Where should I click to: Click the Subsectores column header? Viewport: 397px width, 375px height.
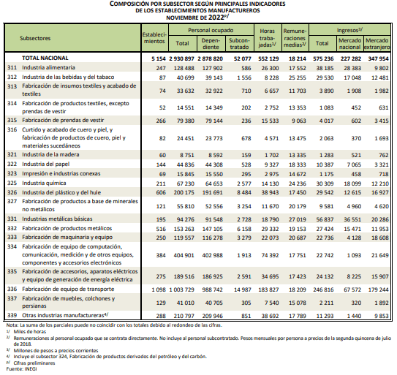(35, 38)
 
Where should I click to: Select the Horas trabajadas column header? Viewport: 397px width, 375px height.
(268, 37)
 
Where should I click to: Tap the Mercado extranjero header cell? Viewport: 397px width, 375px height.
(377, 44)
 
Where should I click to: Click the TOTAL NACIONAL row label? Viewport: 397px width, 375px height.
(45, 58)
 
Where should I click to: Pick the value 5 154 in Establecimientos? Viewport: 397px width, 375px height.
(159, 58)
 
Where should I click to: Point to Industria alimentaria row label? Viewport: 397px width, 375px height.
(48, 67)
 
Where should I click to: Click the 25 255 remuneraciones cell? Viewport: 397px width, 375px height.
(298, 77)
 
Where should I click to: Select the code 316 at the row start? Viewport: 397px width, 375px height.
(12, 129)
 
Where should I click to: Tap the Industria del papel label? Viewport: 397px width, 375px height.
(46, 164)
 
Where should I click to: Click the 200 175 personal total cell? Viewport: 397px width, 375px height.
(184, 193)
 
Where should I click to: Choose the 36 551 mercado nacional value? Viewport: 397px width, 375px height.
(352, 219)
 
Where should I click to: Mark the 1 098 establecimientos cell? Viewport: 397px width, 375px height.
(159, 289)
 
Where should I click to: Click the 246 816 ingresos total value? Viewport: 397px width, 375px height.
(323, 289)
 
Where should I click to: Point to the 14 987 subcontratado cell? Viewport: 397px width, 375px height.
(243, 289)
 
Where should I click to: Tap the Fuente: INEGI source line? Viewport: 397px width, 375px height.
(21, 368)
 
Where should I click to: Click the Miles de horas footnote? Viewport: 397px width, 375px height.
(30, 331)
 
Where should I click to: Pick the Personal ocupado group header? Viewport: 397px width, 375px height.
(211, 30)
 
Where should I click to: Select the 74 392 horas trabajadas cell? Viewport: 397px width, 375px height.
(270, 255)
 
